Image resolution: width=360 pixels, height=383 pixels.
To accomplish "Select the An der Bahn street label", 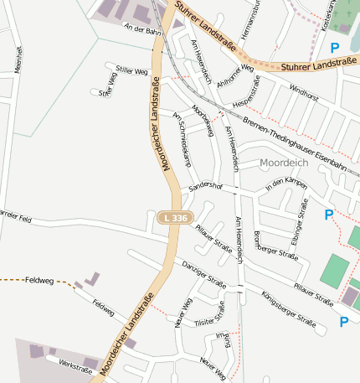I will [141, 30].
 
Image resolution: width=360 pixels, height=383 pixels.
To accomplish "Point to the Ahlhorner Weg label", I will [235, 75].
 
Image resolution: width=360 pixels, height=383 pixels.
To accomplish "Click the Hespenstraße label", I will [247, 91].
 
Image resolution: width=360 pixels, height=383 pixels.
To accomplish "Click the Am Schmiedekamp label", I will [191, 129].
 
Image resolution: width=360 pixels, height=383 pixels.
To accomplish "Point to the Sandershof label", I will [205, 185].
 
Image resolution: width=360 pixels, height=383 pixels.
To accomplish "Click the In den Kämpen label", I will [286, 184].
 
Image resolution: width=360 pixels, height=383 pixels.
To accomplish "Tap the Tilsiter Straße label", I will [209, 315].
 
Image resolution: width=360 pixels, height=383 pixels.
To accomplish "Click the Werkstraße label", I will [75, 365].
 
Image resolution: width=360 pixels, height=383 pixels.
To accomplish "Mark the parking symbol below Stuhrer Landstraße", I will [335, 49].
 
